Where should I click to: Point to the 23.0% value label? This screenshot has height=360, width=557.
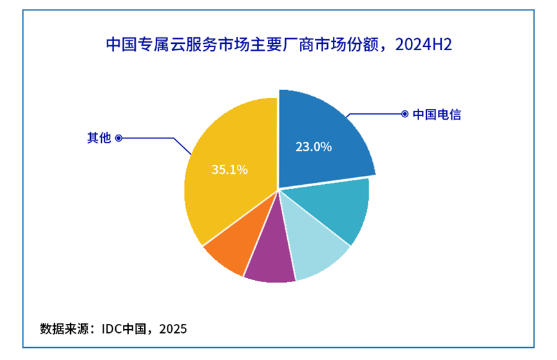coord(314,147)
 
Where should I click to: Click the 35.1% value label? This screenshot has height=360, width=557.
coord(229,170)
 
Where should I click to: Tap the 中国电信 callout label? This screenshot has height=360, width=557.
coord(437,115)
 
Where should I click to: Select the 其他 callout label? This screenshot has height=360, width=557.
coord(99,138)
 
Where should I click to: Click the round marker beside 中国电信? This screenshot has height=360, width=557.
coord(404,114)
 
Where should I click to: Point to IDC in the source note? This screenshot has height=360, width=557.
coord(113,329)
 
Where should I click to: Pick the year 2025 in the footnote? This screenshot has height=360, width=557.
coord(173,329)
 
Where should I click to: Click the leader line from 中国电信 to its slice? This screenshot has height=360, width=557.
coord(373,114)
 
